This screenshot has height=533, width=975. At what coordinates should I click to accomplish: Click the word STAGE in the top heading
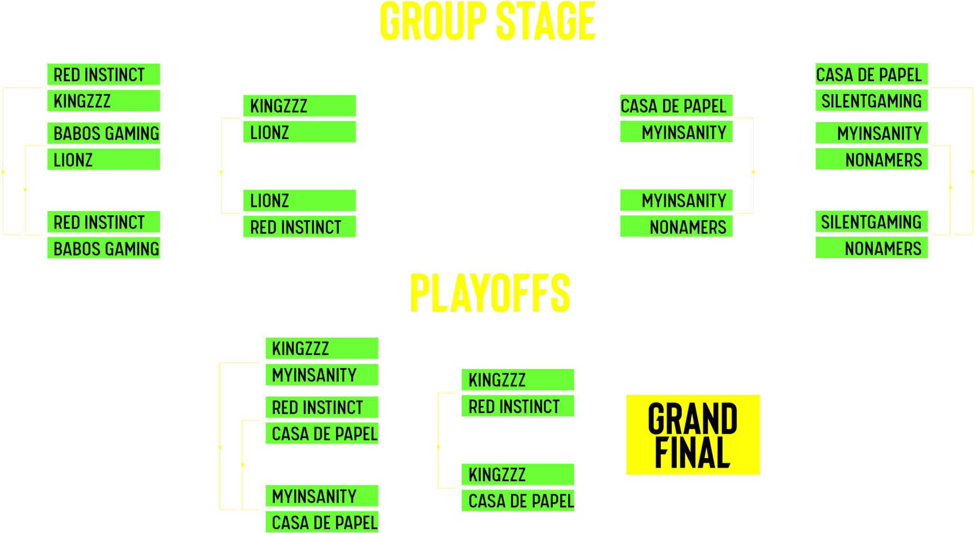pyautogui.click(x=545, y=21)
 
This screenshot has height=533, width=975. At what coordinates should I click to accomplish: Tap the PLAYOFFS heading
pyautogui.click(x=490, y=293)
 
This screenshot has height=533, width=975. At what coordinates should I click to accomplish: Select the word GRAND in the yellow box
pyautogui.click(x=692, y=418)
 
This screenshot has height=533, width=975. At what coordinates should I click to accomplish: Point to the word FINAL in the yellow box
pyautogui.click(x=692, y=452)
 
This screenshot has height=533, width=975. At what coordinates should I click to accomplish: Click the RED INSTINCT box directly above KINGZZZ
pyautogui.click(x=103, y=74)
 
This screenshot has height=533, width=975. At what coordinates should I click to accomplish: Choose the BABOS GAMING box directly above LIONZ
pyautogui.click(x=103, y=133)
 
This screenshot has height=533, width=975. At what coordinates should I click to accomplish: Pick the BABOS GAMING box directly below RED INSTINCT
pyautogui.click(x=103, y=248)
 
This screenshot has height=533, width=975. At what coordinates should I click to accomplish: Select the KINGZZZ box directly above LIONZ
pyautogui.click(x=300, y=106)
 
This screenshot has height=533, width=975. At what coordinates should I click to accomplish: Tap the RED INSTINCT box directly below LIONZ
pyautogui.click(x=300, y=227)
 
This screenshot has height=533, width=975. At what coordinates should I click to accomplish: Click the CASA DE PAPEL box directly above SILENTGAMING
pyautogui.click(x=872, y=74)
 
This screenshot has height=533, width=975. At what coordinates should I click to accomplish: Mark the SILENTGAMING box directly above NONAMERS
pyautogui.click(x=872, y=222)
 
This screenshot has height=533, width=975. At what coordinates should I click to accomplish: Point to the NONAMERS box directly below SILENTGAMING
pyautogui.click(x=872, y=248)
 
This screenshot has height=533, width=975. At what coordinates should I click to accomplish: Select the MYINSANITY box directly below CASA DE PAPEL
pyautogui.click(x=676, y=132)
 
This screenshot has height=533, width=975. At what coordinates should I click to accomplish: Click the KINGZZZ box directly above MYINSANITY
pyautogui.click(x=322, y=348)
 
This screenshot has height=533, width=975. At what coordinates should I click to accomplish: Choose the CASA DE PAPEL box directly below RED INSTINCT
pyautogui.click(x=322, y=433)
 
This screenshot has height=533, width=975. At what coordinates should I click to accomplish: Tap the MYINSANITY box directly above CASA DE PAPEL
pyautogui.click(x=322, y=496)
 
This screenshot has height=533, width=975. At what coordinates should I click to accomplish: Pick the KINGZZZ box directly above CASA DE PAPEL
pyautogui.click(x=518, y=475)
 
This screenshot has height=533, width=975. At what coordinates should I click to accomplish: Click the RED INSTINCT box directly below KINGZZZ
pyautogui.click(x=518, y=406)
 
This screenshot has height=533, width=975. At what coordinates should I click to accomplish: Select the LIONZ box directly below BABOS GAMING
pyautogui.click(x=103, y=159)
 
